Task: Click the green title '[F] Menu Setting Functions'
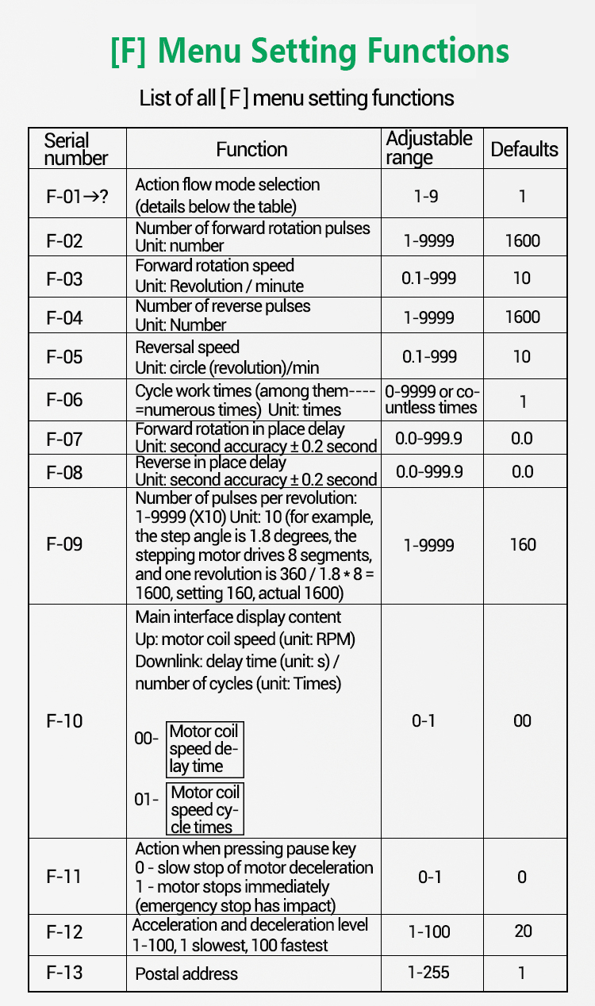[309, 52]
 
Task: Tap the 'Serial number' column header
[76, 149]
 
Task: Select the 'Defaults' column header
[524, 149]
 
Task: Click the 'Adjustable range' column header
[429, 148]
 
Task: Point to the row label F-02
[65, 240]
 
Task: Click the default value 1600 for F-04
[522, 317]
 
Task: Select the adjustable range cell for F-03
[429, 278]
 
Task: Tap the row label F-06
[65, 400]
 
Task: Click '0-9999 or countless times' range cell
[432, 400]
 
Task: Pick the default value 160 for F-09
[523, 544]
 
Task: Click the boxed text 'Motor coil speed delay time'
[204, 749]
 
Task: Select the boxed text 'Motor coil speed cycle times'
[204, 809]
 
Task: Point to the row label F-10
[65, 720]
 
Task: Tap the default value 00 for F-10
[522, 720]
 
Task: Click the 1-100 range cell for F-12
[429, 931]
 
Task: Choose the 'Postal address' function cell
[186, 973]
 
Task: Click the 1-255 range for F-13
[429, 973]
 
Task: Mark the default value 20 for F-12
[523, 931]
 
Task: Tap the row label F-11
[65, 877]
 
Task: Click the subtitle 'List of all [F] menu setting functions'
[297, 98]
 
